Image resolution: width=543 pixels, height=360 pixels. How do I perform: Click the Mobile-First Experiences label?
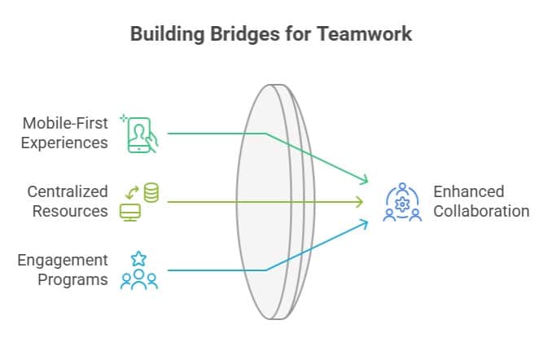[65, 133]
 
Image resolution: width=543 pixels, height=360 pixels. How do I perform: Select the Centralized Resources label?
[68, 201]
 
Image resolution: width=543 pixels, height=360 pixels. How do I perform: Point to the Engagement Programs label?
[63, 270]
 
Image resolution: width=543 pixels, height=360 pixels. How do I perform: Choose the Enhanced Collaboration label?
[480, 201]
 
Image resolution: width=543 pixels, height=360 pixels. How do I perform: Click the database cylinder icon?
[151, 192]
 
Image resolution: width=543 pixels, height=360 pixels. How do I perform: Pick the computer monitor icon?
[129, 212]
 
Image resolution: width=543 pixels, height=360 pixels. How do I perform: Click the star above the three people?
[138, 258]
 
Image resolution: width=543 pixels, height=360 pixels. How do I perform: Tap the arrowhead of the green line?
[363, 180]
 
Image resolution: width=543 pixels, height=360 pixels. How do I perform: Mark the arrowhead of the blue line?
[363, 222]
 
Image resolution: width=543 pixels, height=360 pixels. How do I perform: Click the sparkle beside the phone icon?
[124, 118]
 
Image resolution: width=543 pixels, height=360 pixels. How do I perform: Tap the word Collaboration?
[480, 211]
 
